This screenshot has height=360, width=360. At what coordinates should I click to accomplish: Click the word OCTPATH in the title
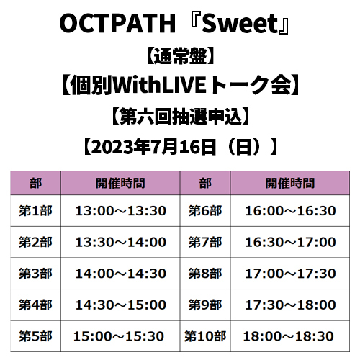click(117, 24)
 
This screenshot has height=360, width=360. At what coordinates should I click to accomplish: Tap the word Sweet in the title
click(240, 24)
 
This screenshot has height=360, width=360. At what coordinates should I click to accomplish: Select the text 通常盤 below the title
click(180, 57)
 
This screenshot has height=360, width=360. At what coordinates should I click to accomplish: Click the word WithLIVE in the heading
click(159, 85)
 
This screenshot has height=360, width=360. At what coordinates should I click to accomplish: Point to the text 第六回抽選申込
click(180, 117)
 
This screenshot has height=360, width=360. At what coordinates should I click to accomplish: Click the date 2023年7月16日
click(153, 147)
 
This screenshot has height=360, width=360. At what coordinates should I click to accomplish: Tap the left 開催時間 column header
click(120, 183)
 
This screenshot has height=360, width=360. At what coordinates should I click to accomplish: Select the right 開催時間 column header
click(290, 183)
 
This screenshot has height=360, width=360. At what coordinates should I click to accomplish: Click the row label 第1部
click(35, 211)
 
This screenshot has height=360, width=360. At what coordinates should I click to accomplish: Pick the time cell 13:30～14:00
click(121, 242)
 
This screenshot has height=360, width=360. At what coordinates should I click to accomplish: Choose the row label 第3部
click(35, 274)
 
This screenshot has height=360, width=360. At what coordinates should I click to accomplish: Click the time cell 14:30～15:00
click(121, 305)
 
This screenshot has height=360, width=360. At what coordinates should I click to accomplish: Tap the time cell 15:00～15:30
click(119, 336)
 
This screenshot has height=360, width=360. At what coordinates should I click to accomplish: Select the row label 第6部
click(205, 211)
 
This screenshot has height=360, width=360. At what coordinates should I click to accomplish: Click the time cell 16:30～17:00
click(290, 242)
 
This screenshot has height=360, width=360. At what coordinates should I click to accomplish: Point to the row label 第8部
click(205, 274)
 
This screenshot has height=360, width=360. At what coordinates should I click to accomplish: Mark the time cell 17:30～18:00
click(290, 305)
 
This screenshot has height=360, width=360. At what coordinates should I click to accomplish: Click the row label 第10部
click(205, 336)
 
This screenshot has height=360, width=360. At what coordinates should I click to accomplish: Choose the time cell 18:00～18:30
click(288, 336)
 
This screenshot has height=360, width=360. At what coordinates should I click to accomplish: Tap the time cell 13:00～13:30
click(121, 211)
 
